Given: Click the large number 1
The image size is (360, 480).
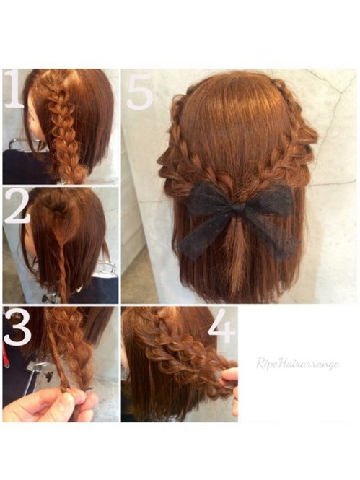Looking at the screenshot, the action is [x=14, y=89].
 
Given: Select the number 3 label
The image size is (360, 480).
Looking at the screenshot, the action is [x=17, y=328].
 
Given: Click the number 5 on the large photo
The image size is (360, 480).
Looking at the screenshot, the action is [x=140, y=92].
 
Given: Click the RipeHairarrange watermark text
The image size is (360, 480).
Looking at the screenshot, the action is [x=298, y=364].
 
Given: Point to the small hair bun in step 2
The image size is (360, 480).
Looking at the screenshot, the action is [x=58, y=208].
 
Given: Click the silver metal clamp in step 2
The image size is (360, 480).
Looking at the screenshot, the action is [x=105, y=269].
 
